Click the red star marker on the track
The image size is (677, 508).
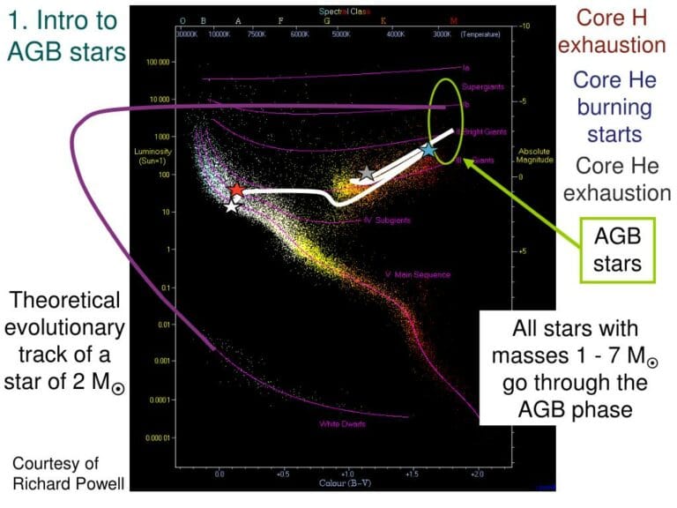[x=236, y=190]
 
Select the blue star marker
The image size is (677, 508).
[x=428, y=149]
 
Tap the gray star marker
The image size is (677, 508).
[x=367, y=174]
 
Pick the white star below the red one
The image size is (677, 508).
[x=231, y=206]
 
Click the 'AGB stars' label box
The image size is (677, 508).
[x=616, y=250]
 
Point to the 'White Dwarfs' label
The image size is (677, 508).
[x=342, y=424]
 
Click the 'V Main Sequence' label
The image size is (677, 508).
[x=412, y=274]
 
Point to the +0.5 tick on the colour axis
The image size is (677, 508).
[x=284, y=473]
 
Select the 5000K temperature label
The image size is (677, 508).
[x=340, y=34]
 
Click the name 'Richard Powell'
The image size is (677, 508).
[x=56, y=482]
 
